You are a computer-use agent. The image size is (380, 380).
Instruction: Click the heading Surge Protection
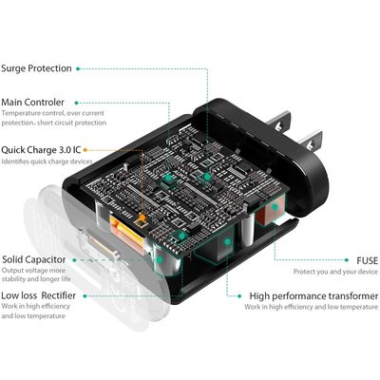click(x=36, y=68)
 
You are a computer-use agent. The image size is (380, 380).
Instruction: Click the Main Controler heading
click(x=32, y=103)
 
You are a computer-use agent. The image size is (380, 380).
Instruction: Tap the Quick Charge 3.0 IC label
click(x=41, y=150)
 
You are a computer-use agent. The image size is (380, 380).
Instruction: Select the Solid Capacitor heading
click(x=34, y=259)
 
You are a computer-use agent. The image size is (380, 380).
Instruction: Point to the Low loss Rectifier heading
click(x=38, y=295)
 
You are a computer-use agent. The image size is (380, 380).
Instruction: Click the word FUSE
click(x=368, y=260)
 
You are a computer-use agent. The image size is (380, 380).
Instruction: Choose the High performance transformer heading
click(x=313, y=296)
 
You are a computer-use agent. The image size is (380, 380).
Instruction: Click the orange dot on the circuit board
click(x=142, y=218)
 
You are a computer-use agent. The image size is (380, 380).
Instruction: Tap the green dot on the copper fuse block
click(x=275, y=207)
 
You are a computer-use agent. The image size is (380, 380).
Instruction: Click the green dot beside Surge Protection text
click(x=78, y=68)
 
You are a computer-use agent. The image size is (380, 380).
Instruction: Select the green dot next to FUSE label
click(x=347, y=260)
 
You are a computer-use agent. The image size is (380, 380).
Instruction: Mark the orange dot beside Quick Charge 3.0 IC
click(x=85, y=150)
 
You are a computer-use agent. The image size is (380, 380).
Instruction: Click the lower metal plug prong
click(x=310, y=140)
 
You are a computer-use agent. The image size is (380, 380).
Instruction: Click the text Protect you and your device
click(x=335, y=272)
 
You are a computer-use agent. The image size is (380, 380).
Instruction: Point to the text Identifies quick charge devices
click(x=47, y=161)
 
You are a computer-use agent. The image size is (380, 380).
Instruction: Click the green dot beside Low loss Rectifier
click(x=85, y=296)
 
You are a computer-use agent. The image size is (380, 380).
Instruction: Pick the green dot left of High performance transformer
click(x=239, y=296)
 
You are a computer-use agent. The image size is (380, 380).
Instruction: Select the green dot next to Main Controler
click(x=76, y=103)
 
